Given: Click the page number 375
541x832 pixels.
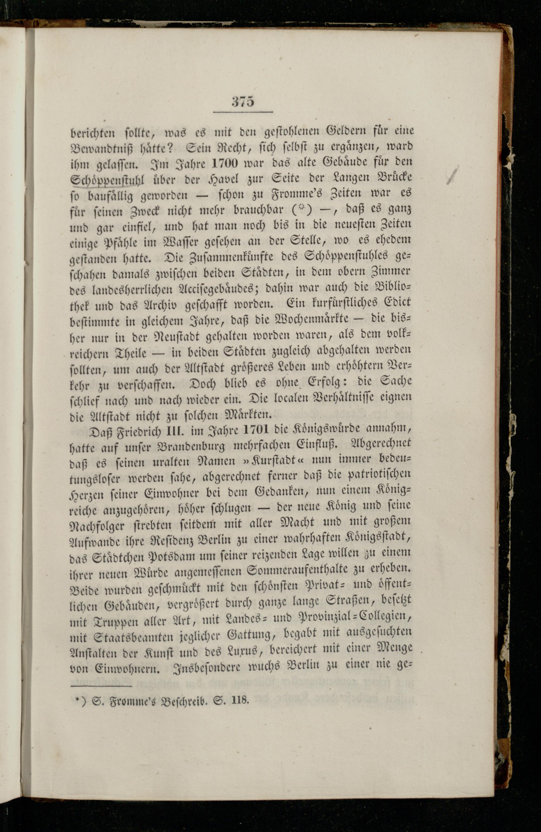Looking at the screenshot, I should pos(243,102).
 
